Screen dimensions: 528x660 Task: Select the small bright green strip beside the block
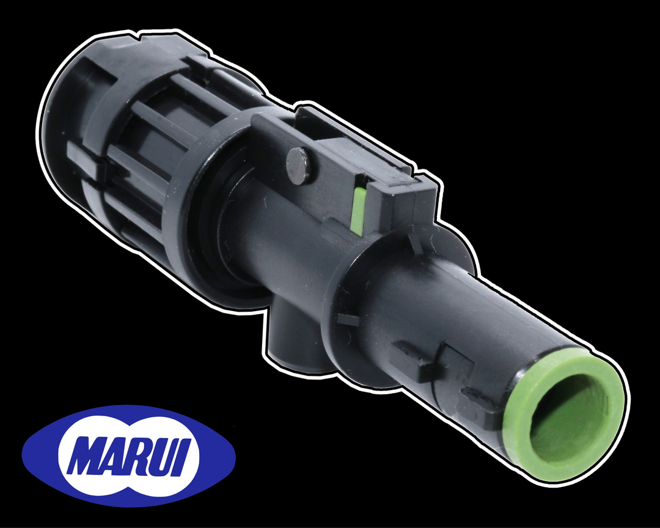click(x=359, y=211)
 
